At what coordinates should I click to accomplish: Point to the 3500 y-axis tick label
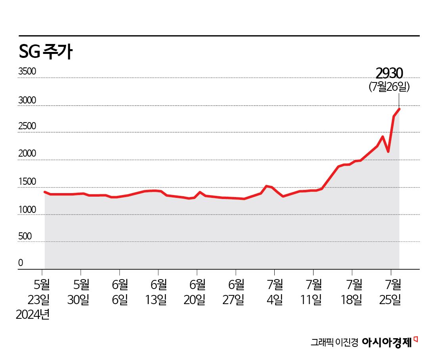pyautogui.click(x=27, y=72)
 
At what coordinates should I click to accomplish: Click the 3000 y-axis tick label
pyautogui.click(x=27, y=101)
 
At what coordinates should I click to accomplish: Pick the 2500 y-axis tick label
pyautogui.click(x=27, y=126)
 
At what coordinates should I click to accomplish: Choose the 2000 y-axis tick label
pyautogui.click(x=27, y=154)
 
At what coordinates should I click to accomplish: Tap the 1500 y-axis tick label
pyautogui.click(x=27, y=182)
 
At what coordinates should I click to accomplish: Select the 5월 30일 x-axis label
pyautogui.click(x=81, y=292)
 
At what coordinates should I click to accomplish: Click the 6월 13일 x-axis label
pyautogui.click(x=159, y=292)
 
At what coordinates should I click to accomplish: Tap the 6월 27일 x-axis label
pyautogui.click(x=236, y=292)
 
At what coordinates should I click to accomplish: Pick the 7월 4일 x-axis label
pyautogui.click(x=275, y=292)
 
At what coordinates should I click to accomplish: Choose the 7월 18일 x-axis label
pyautogui.click(x=352, y=292)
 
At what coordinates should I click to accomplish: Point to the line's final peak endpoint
pyautogui.click(x=399, y=109)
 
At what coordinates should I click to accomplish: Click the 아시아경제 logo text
pyautogui.click(x=387, y=343)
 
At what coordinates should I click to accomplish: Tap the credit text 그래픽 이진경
pyautogui.click(x=334, y=343)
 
